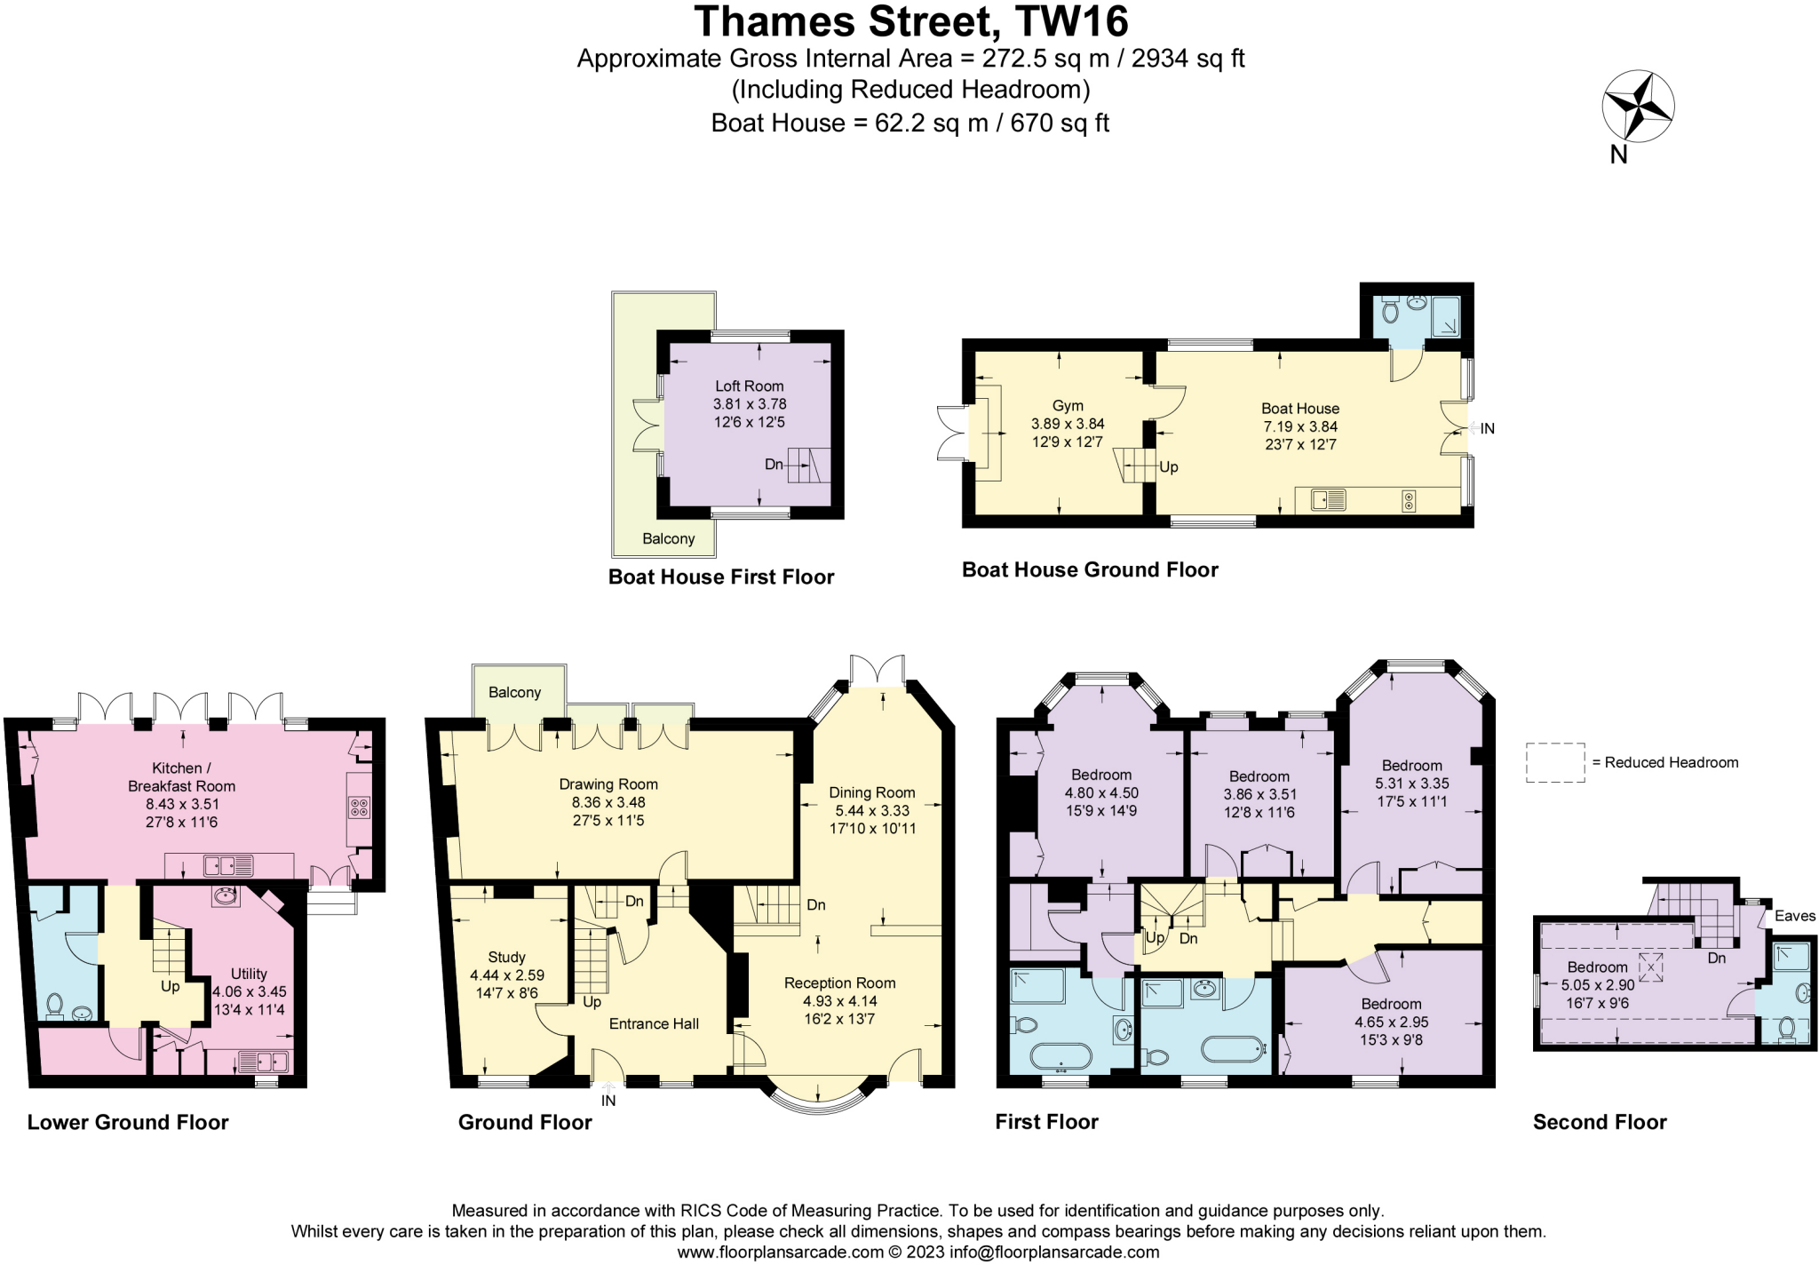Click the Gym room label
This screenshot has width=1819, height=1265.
(x=1068, y=405)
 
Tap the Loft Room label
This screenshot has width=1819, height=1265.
(x=749, y=386)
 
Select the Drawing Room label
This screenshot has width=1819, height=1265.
(x=608, y=784)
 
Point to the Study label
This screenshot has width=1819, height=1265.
(x=506, y=957)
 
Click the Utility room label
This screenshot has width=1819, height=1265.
(x=249, y=974)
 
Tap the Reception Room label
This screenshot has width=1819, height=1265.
(x=839, y=983)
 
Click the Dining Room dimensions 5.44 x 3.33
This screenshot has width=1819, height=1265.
(x=871, y=810)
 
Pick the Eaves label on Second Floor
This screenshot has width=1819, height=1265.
(x=1794, y=916)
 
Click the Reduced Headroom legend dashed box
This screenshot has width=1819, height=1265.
(x=1554, y=762)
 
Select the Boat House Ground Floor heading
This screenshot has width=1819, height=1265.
(x=1090, y=569)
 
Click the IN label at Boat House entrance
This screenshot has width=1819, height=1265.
(x=1487, y=428)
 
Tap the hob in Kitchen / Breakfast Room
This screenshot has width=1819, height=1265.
(x=359, y=808)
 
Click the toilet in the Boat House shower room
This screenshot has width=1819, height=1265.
(x=1390, y=312)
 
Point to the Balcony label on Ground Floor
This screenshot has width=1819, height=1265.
(x=514, y=692)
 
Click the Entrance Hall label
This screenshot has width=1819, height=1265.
(x=654, y=1023)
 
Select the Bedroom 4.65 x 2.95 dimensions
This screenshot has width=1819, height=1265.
(x=1391, y=1022)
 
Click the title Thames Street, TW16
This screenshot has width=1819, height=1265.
(x=910, y=21)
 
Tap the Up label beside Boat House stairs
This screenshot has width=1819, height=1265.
(x=1168, y=467)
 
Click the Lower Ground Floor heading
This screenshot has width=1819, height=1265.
(x=128, y=1122)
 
